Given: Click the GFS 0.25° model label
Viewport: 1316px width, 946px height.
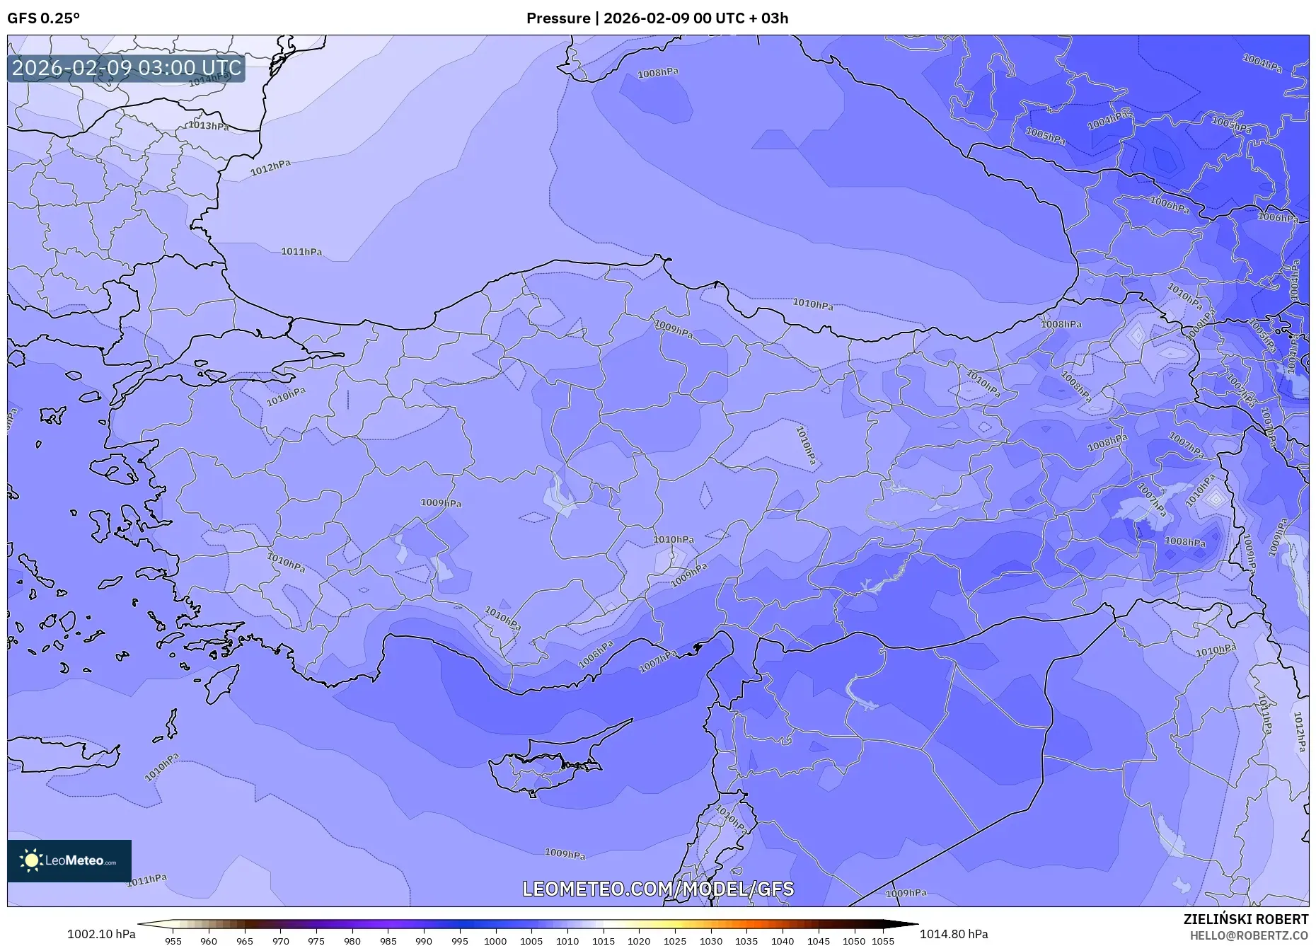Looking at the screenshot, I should pyautogui.click(x=44, y=18).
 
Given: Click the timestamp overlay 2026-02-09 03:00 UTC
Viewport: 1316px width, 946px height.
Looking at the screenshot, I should pyautogui.click(x=127, y=68).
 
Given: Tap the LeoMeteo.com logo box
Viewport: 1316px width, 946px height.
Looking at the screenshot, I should pyautogui.click(x=69, y=860).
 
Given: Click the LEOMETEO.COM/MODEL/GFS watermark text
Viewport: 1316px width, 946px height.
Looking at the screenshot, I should pyautogui.click(x=658, y=889).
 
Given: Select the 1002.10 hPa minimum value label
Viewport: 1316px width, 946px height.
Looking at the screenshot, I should pyautogui.click(x=101, y=934).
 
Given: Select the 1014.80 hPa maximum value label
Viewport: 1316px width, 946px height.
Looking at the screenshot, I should pyautogui.click(x=954, y=934).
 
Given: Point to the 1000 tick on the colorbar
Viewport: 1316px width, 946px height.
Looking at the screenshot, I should pyautogui.click(x=495, y=941).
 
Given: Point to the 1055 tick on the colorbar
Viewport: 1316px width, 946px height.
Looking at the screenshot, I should pyautogui.click(x=882, y=941).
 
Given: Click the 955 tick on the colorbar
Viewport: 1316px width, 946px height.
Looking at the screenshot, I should pyautogui.click(x=173, y=941).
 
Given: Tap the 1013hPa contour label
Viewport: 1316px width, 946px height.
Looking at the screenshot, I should pyautogui.click(x=209, y=126).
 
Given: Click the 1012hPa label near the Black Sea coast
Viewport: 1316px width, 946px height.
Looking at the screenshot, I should pyautogui.click(x=270, y=168).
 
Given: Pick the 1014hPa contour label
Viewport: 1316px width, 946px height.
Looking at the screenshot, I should pyautogui.click(x=210, y=79).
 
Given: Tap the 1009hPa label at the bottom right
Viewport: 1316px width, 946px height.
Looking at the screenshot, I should pyautogui.click(x=906, y=893).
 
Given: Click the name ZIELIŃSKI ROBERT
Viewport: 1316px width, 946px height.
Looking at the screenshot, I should pyautogui.click(x=1246, y=919).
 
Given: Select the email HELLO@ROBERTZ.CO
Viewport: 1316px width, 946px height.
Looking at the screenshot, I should pyautogui.click(x=1249, y=935).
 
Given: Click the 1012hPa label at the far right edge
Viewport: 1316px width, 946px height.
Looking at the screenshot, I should pyautogui.click(x=1299, y=732).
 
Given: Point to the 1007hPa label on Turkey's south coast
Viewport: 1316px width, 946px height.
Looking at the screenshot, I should pyautogui.click(x=658, y=661).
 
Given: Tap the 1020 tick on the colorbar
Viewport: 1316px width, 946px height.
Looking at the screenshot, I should pyautogui.click(x=639, y=941).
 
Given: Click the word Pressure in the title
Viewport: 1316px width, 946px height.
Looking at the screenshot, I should pyautogui.click(x=558, y=18).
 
